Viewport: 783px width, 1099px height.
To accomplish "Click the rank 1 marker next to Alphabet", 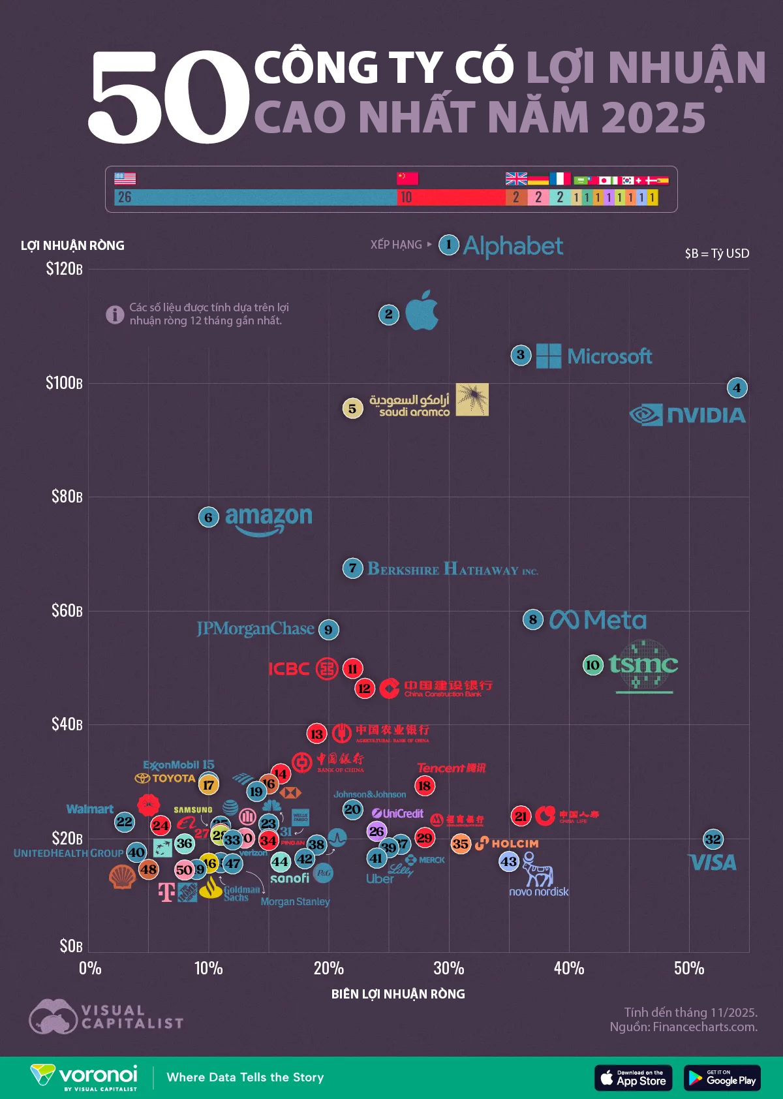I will [448, 245].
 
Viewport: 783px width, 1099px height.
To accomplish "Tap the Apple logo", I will [422, 311].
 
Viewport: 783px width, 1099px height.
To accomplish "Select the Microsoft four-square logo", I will [548, 356].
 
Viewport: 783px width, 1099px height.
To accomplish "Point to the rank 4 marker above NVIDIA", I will [737, 388].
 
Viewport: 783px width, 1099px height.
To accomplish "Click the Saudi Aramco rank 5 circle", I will [352, 409].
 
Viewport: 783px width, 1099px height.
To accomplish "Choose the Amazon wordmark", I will [268, 520].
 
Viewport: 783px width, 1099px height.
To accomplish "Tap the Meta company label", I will [598, 620].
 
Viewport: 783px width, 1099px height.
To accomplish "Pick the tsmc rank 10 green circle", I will [592, 665].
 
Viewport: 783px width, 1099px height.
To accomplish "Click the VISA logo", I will [713, 863].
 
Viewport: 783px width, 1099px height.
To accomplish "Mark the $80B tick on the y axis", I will [67, 497].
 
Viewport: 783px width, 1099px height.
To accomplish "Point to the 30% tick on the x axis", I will [449, 968].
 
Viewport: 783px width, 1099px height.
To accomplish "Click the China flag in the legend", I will [408, 178].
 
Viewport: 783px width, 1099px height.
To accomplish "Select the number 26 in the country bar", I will [125, 197].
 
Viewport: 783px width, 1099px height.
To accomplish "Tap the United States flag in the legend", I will [125, 178].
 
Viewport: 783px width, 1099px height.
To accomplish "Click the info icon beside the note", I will [115, 315].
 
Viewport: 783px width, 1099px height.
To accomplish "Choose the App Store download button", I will [633, 1078].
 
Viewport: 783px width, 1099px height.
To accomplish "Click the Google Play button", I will [722, 1078].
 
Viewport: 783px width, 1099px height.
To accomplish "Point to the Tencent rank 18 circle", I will [425, 786].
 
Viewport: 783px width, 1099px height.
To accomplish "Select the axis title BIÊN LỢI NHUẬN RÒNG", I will [398, 994].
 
